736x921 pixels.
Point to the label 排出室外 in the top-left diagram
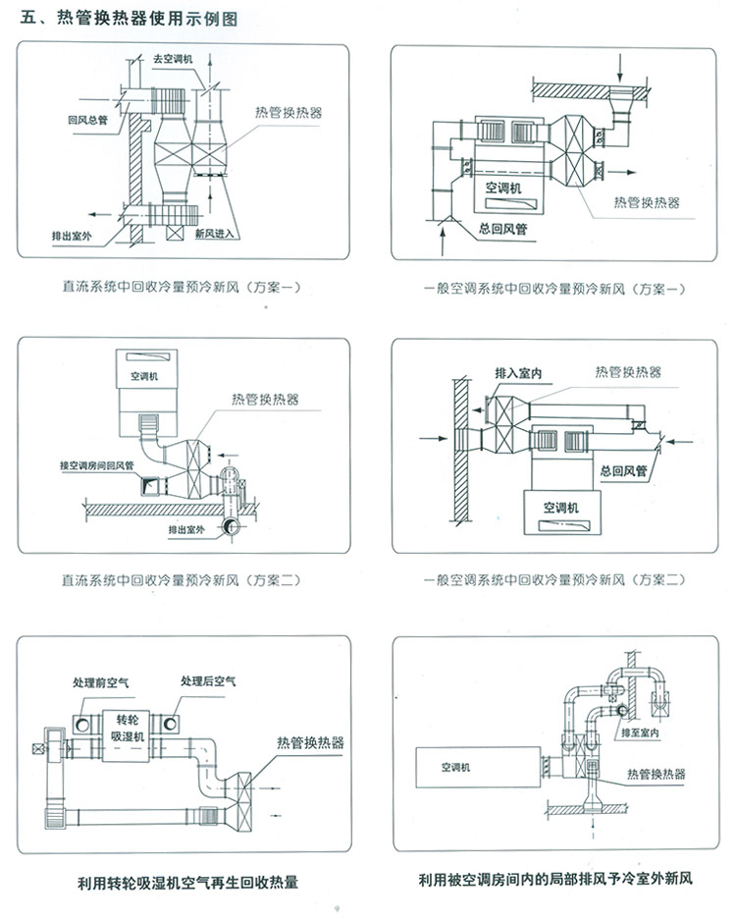(x=72, y=236)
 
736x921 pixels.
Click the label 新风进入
(x=214, y=235)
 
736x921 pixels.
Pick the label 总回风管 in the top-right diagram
(x=504, y=229)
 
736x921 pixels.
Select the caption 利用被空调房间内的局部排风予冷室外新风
(x=554, y=880)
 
